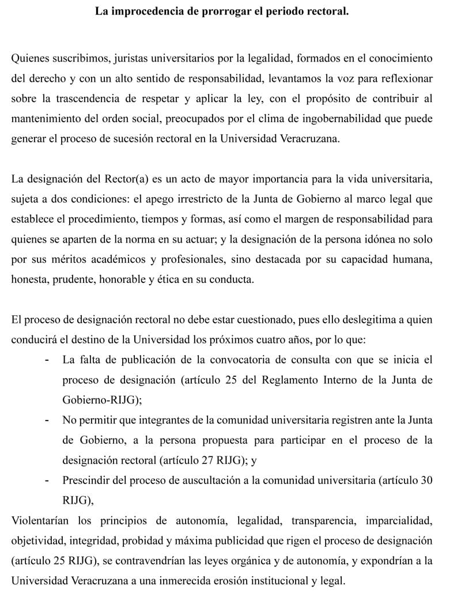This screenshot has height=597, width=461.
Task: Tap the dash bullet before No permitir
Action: (46, 421)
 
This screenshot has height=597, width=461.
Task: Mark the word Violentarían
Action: (40, 522)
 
